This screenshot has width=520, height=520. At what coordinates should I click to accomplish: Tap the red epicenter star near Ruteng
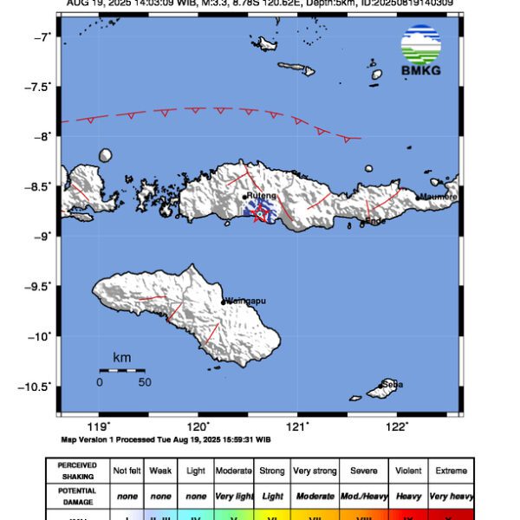click(258, 215)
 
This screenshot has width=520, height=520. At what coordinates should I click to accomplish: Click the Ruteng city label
click(261, 197)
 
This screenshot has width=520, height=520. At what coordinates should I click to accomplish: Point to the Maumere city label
click(438, 197)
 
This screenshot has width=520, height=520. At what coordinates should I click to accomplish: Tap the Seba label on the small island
click(391, 384)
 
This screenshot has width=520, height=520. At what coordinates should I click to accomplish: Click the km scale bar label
click(121, 357)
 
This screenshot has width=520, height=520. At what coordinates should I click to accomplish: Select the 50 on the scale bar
click(145, 381)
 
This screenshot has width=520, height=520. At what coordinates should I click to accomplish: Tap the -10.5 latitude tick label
click(38, 387)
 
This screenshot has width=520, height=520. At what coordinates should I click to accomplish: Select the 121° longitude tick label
click(298, 426)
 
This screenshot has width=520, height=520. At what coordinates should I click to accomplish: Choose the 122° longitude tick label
click(398, 426)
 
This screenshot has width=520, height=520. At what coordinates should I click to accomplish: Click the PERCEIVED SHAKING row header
click(78, 471)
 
